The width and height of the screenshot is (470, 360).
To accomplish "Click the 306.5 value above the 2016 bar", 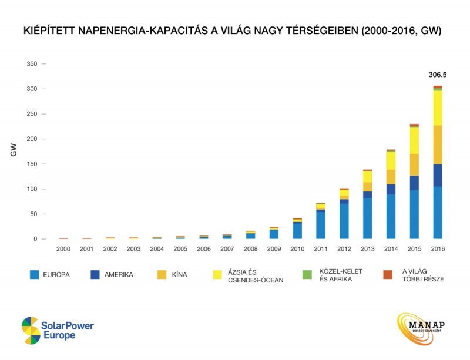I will pos(437,75).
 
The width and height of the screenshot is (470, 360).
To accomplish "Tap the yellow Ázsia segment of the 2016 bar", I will pos(437,108).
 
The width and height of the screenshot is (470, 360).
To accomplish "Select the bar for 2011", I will pos(321,223).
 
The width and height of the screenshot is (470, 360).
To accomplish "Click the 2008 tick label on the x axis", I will pos(251,248).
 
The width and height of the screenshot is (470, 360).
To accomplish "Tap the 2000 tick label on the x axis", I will pos(63,248).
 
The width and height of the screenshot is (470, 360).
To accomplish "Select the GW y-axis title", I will pos(12,151).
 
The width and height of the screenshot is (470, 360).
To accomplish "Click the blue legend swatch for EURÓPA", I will pos(35,275).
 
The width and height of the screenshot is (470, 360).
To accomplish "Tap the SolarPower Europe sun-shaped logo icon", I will pos(31,331).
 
